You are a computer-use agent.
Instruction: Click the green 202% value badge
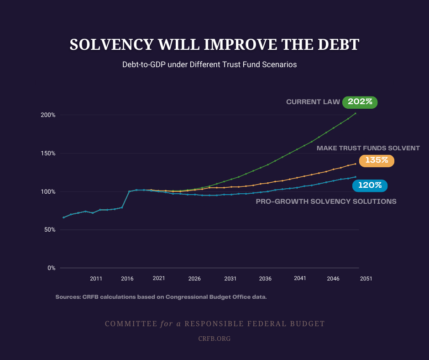pos(360,102)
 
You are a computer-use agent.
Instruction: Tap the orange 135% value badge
pos(377,160)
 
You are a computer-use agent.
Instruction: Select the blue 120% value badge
pos(370,185)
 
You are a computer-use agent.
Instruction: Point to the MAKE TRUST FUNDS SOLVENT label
pos(368,148)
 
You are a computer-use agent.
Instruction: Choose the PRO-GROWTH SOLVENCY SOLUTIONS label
pos(326,201)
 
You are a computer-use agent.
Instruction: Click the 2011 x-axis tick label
pos(96,278)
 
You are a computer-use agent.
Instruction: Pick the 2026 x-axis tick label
pos(194,278)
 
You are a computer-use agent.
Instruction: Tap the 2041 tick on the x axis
pos(300,278)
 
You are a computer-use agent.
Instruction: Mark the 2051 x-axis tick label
pos(366,278)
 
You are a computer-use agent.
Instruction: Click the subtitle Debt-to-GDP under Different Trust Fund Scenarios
pos(209,65)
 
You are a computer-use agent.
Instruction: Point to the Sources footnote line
pos(161,297)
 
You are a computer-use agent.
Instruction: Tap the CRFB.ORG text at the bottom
pos(214,339)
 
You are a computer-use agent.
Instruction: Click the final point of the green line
pos(356,113)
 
